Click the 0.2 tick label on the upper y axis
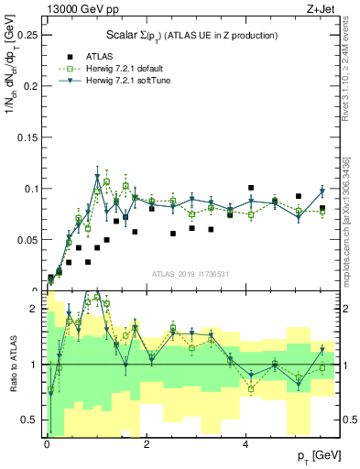pyautogui.click(x=32, y=86)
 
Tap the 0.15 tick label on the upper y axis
pyautogui.click(x=29, y=137)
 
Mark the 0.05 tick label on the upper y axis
pyautogui.click(x=29, y=239)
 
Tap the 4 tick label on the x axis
pyautogui.click(x=245, y=443)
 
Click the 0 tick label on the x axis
pyautogui.click(x=47, y=443)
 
